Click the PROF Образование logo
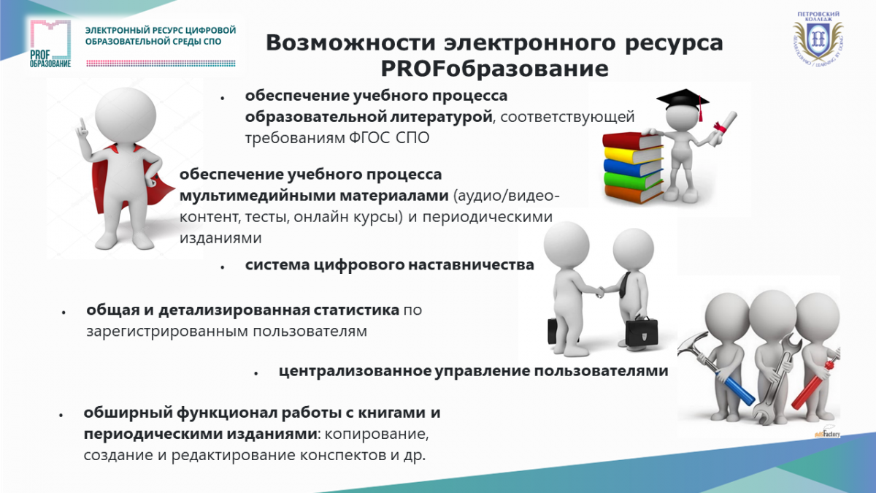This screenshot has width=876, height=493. click(50, 43)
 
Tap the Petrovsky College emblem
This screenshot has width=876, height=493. click(818, 38)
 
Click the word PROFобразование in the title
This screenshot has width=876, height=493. click(494, 69)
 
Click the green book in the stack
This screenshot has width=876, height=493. click(633, 180)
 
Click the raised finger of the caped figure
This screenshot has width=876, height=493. click(82, 124)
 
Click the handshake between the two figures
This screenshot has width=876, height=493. click(599, 291)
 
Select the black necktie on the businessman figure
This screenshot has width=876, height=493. click(626, 286)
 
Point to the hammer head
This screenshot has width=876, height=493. click(692, 343)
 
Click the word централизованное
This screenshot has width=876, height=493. click(355, 371)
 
